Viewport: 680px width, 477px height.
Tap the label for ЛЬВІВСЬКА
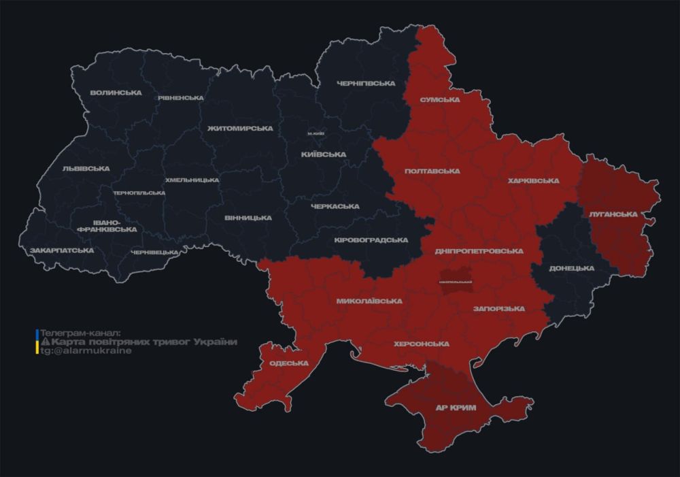(86, 168)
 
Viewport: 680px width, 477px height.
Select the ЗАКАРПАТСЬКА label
(62, 250)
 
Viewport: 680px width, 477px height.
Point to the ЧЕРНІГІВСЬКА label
(366, 84)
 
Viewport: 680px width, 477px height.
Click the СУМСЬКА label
(440, 99)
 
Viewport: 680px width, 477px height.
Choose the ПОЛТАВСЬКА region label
(431, 171)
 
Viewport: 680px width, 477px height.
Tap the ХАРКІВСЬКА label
(534, 181)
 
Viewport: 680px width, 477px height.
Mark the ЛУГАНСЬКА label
(613, 214)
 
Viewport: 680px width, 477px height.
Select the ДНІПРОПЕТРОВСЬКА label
(479, 251)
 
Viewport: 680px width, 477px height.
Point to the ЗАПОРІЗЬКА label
(499, 309)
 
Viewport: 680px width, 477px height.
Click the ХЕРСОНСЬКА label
(422, 344)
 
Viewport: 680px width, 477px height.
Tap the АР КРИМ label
(456, 408)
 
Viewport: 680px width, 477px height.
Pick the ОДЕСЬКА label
(289, 363)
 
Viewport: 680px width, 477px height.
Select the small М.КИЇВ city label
(316, 134)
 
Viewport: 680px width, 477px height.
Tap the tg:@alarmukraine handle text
(86, 351)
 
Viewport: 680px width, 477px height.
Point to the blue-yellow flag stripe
(37, 342)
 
